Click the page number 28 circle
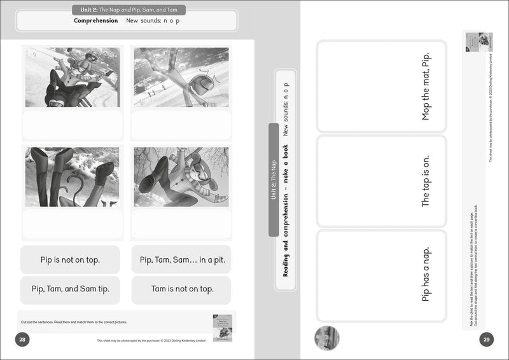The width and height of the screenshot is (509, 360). coord(22,340)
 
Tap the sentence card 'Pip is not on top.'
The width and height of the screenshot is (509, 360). coord(70,260)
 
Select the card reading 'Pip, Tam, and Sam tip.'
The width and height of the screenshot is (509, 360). coord(70,289)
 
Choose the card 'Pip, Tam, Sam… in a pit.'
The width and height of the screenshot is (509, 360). coord(181,260)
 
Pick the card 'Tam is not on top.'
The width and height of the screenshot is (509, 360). coord(181,289)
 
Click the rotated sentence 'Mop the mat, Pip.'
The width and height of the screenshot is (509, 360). coord(426,87)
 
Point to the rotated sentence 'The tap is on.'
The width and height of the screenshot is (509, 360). coord(426,181)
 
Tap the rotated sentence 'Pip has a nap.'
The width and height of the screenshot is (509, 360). coord(426,274)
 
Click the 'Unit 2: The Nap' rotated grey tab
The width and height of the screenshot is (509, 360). coord(274,180)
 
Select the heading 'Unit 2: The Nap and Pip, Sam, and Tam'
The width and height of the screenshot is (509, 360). coord(129,10)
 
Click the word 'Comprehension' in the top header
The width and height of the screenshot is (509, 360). coord(96,21)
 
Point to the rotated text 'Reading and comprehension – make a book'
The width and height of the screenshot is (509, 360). coord(286,210)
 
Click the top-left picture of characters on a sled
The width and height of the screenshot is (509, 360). coord(73,76)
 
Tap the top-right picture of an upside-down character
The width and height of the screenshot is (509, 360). coord(181,76)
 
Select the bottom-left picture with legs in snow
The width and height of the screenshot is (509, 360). coord(73,177)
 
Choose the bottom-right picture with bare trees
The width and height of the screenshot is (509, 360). coord(181,177)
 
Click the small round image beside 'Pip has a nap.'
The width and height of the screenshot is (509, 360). coord(327,338)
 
